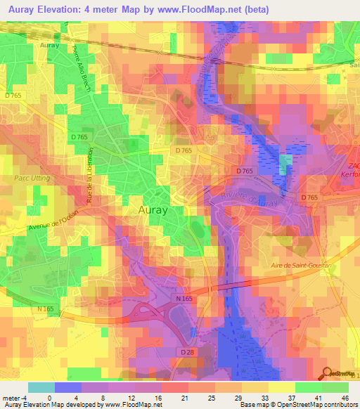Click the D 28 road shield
pos(187,351)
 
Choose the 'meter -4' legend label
pos(14,397)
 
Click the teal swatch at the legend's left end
pos(41,387)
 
